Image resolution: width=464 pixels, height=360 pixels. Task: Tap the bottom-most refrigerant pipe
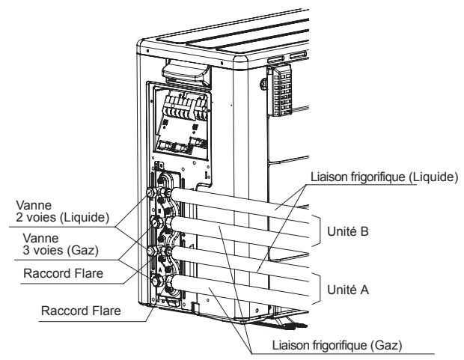click(x=239, y=288)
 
